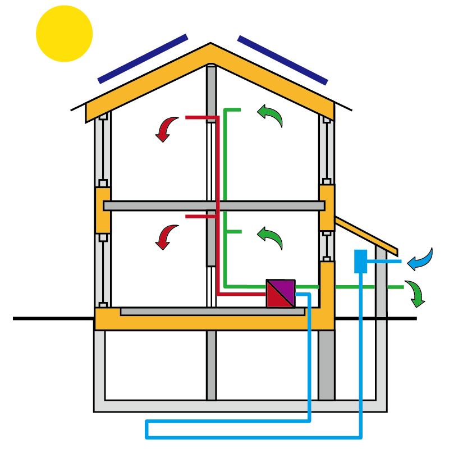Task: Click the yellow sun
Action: (x=64, y=33)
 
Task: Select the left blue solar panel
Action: (x=143, y=58)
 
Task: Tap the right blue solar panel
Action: (x=282, y=60)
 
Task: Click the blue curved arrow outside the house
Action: (x=421, y=259)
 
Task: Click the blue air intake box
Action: (x=360, y=261)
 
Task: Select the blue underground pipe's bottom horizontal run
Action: (x=253, y=436)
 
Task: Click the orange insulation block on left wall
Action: (x=103, y=210)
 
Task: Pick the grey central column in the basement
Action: (x=211, y=365)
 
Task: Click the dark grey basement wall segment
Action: (x=327, y=365)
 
